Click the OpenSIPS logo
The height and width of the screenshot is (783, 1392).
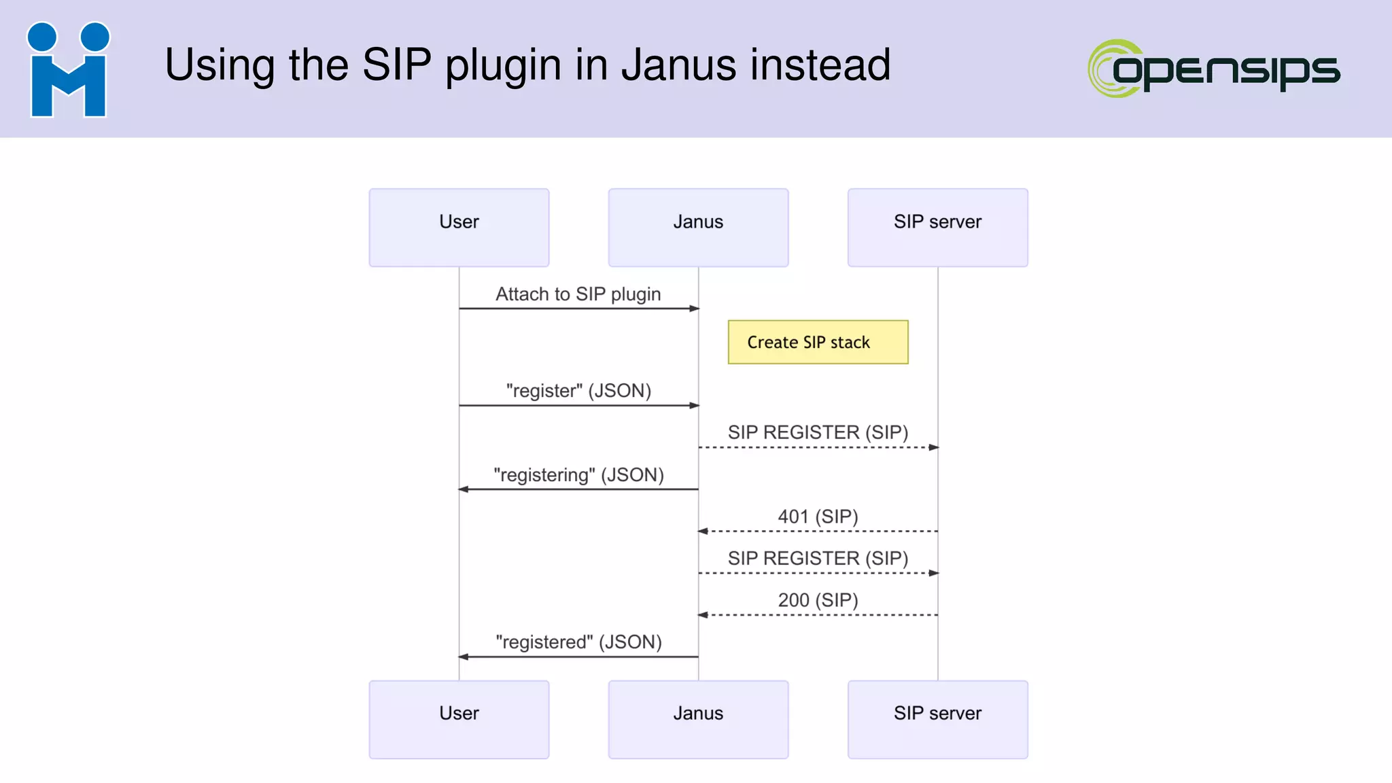pyautogui.click(x=1214, y=69)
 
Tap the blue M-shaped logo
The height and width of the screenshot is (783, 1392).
pyautogui.click(x=68, y=71)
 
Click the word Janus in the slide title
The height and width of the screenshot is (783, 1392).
pyautogui.click(x=679, y=65)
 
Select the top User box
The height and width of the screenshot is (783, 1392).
pyautogui.click(x=459, y=228)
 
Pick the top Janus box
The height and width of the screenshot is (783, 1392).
pyautogui.click(x=698, y=228)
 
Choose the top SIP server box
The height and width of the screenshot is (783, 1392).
pyautogui.click(x=937, y=228)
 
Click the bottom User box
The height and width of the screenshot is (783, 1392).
pyautogui.click(x=459, y=719)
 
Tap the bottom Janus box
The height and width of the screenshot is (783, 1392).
pyautogui.click(x=698, y=719)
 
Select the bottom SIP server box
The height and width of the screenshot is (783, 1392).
pyautogui.click(x=937, y=719)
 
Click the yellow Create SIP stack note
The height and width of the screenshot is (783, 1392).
pyautogui.click(x=818, y=342)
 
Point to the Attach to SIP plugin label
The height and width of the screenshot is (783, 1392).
pyautogui.click(x=578, y=294)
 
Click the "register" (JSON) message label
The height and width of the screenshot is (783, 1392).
pyautogui.click(x=578, y=391)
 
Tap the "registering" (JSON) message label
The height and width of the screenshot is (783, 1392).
pyautogui.click(x=578, y=475)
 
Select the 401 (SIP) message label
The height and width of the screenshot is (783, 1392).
pyautogui.click(x=818, y=517)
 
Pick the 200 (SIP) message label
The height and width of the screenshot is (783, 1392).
pyautogui.click(x=818, y=600)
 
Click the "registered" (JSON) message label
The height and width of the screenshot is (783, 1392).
pyautogui.click(x=578, y=642)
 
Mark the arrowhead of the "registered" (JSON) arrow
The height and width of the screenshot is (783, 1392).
pyautogui.click(x=464, y=657)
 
